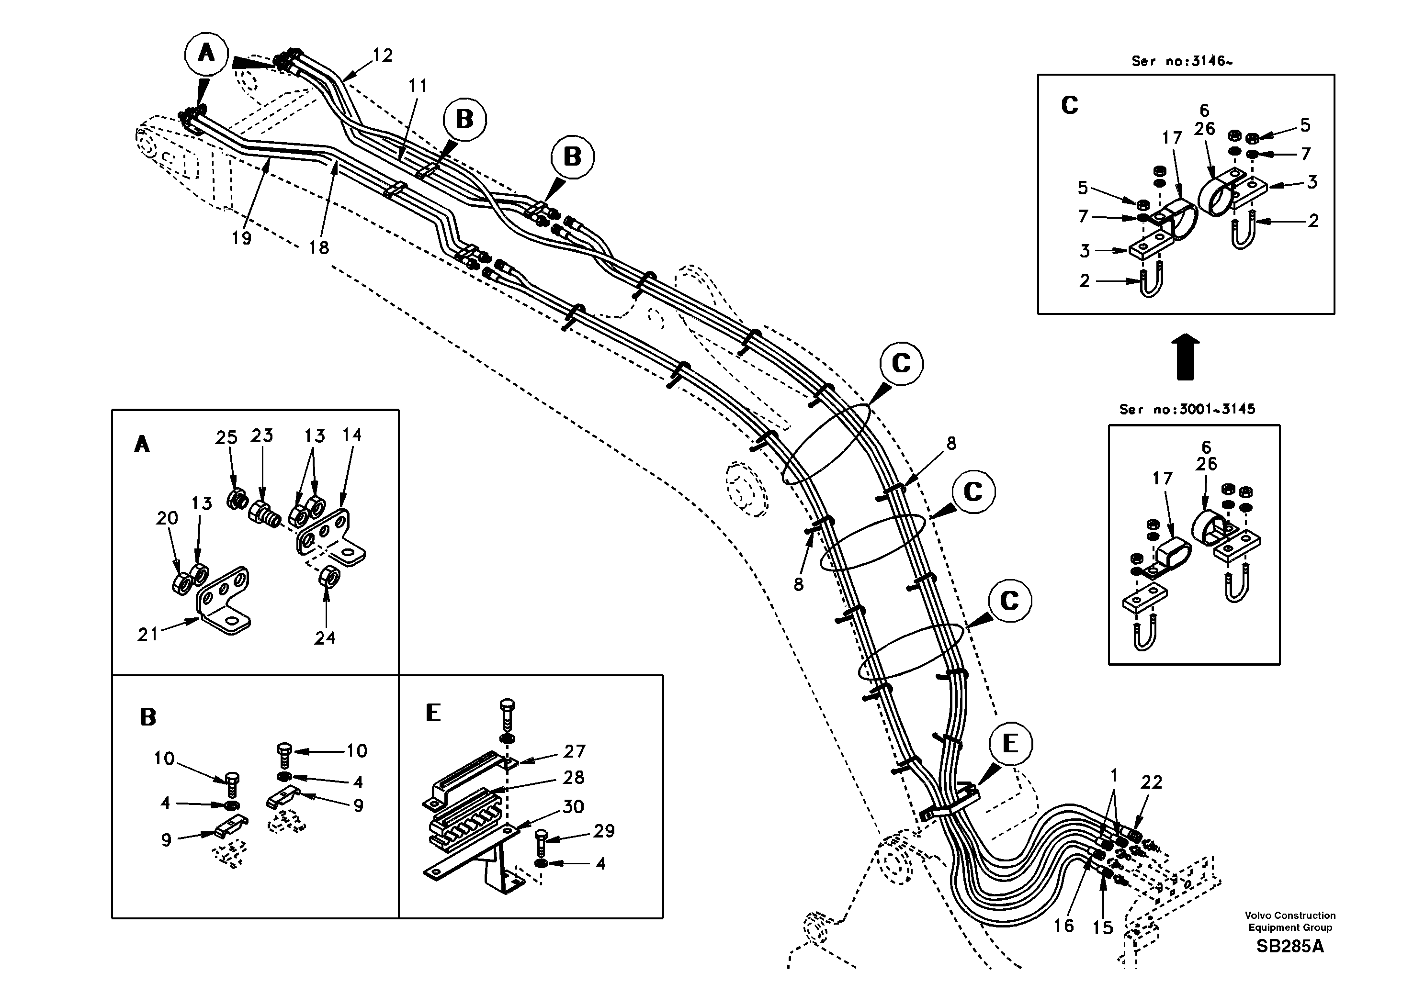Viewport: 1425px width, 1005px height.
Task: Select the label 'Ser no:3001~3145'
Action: [x=1187, y=410]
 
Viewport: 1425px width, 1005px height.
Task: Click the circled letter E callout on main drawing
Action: [x=1010, y=744]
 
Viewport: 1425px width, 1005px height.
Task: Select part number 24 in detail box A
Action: [x=325, y=638]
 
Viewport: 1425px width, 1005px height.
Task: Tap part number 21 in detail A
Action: [x=147, y=634]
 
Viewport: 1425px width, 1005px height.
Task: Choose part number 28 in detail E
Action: [x=574, y=777]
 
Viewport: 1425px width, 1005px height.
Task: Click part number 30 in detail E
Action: [x=573, y=806]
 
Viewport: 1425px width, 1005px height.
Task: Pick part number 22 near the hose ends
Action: [x=1151, y=782]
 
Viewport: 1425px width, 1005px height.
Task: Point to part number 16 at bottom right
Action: [x=1063, y=926]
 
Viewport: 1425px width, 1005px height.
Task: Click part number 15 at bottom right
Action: [x=1102, y=927]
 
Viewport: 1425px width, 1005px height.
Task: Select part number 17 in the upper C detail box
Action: [x=1172, y=138]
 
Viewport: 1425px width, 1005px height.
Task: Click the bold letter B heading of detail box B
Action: [x=147, y=717]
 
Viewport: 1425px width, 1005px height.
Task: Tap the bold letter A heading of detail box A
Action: [x=142, y=445]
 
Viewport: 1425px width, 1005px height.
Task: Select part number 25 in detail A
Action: [x=226, y=437]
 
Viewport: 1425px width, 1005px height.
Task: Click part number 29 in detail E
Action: [x=604, y=831]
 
